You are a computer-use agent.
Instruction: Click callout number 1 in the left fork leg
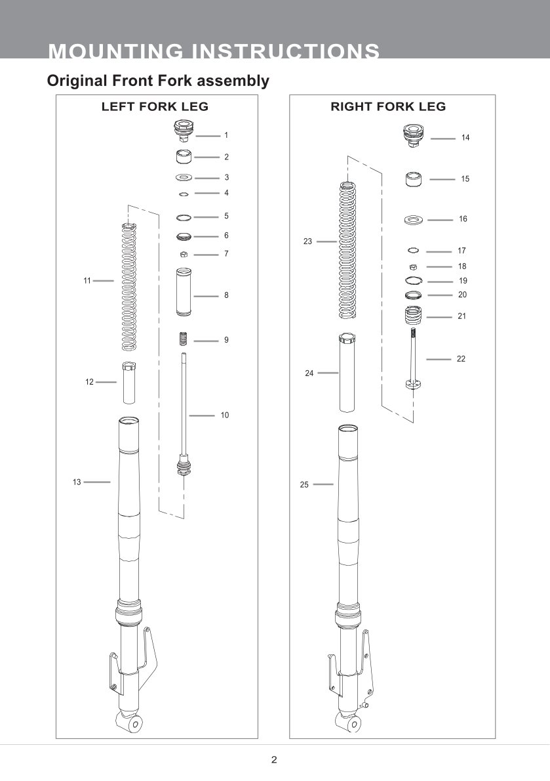226,135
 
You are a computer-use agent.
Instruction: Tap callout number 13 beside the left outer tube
77,482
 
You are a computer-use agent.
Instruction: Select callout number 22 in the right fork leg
461,359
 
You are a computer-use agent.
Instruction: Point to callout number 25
304,485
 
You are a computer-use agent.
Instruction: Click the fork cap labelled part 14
414,137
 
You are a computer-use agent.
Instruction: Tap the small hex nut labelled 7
184,254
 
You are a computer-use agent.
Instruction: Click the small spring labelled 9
184,340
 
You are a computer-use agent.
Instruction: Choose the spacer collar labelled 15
413,179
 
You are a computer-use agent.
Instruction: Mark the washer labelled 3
184,178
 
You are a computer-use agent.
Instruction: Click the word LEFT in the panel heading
117,107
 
